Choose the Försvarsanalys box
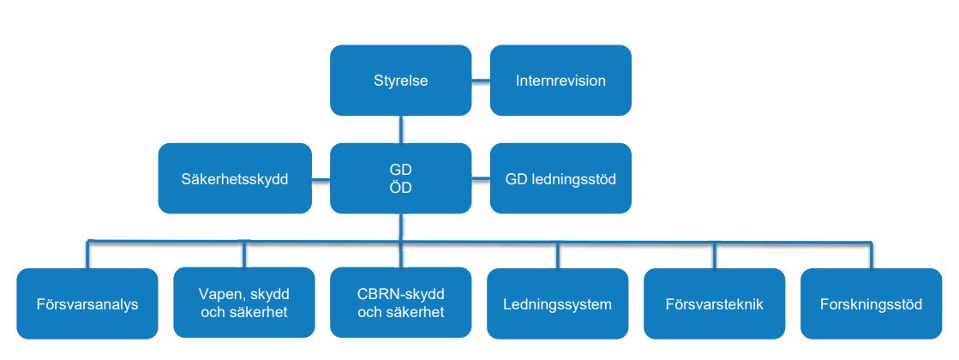[87, 303]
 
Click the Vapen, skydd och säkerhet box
[243, 303]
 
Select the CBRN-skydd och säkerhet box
[400, 303]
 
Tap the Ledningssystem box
[557, 303]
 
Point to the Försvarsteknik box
[714, 303]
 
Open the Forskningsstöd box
[871, 303]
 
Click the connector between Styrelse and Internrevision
[481, 81]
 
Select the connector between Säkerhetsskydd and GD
[321, 180]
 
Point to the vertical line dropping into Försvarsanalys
[87, 255]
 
